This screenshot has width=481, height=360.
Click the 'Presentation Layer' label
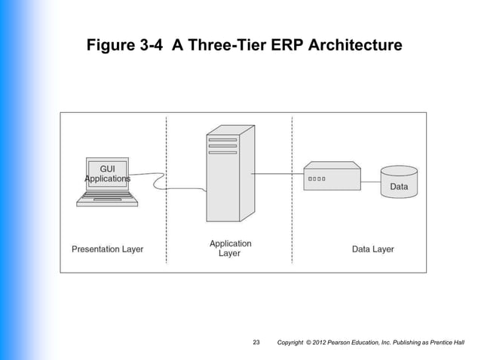click(107, 249)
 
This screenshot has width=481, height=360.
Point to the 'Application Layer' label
click(230, 249)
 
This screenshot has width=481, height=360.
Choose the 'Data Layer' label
click(372, 249)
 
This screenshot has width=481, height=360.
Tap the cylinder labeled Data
click(399, 184)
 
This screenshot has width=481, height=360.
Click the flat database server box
click(331, 177)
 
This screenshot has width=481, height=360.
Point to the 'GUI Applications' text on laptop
click(107, 172)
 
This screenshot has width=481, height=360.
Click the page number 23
click(256, 343)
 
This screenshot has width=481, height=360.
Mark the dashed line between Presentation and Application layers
click(166, 226)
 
